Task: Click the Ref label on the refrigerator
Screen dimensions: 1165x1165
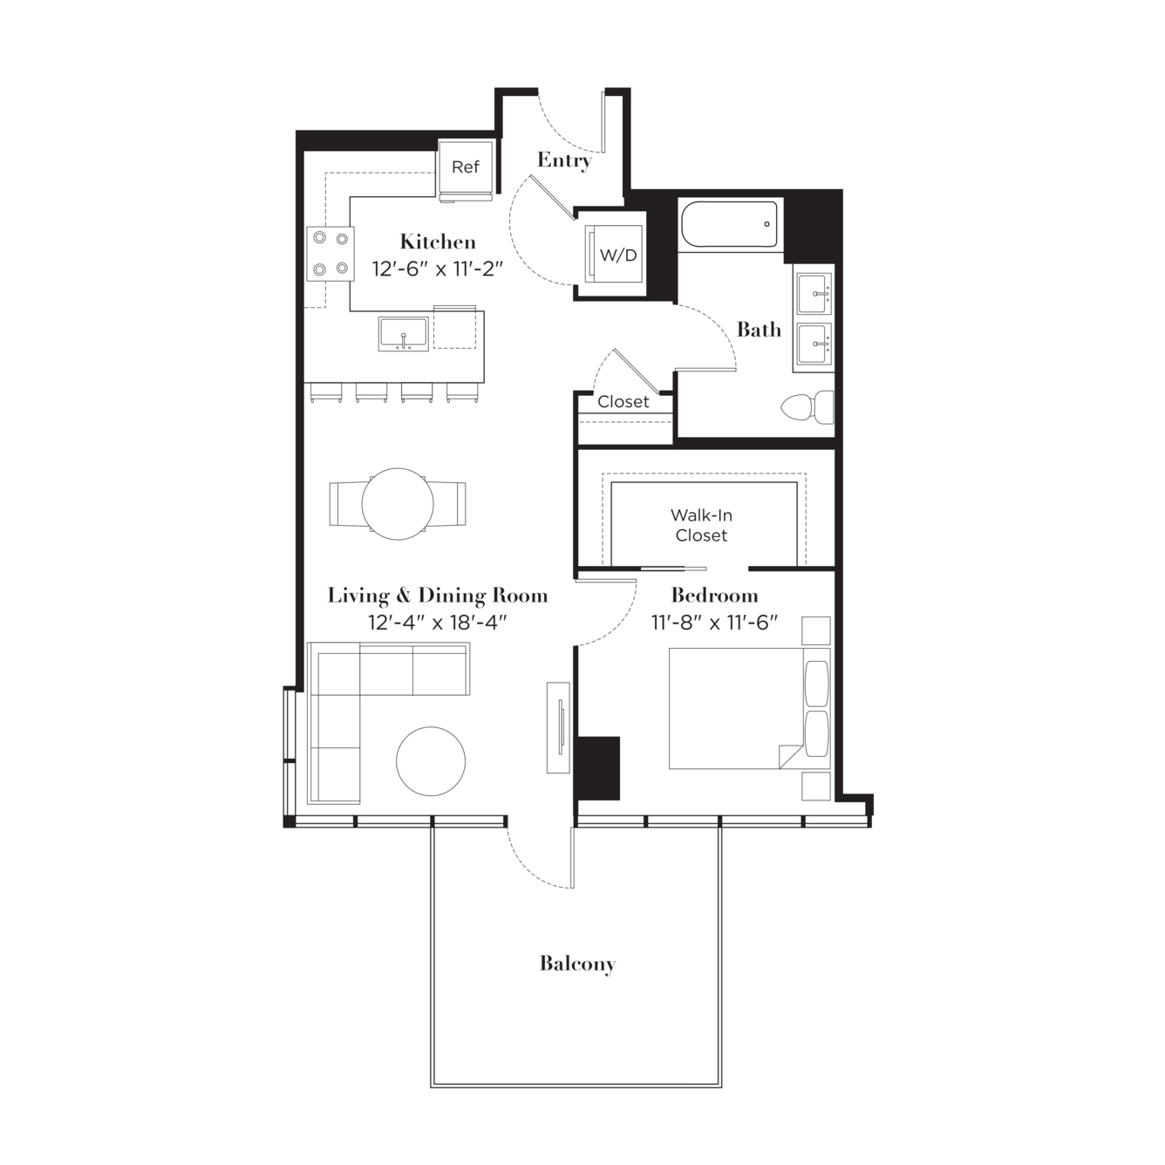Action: (465, 167)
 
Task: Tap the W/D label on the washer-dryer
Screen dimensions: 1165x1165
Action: (618, 255)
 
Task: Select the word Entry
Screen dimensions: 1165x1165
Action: (564, 160)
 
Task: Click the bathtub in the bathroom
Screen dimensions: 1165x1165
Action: (729, 224)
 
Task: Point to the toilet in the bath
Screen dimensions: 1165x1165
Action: (807, 407)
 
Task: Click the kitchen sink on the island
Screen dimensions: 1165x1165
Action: (403, 334)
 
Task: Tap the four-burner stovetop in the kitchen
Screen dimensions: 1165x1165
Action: (330, 254)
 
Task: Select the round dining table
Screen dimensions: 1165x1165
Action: (398, 504)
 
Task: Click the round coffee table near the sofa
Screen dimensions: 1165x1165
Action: (431, 761)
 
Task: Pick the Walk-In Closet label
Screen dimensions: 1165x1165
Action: (701, 525)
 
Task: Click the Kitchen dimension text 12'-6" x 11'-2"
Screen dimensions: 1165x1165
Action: (438, 269)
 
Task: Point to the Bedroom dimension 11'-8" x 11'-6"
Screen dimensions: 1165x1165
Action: (714, 622)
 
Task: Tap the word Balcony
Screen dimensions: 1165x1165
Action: (577, 964)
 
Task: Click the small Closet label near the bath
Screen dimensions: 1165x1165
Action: (623, 401)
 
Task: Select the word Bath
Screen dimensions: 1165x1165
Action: (759, 330)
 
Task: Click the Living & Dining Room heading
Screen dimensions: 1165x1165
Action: (438, 596)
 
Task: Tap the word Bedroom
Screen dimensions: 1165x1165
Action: (714, 596)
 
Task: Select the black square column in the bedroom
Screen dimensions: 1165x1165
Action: (598, 767)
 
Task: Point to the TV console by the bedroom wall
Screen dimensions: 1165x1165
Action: (558, 728)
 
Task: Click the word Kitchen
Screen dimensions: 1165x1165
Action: (438, 242)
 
